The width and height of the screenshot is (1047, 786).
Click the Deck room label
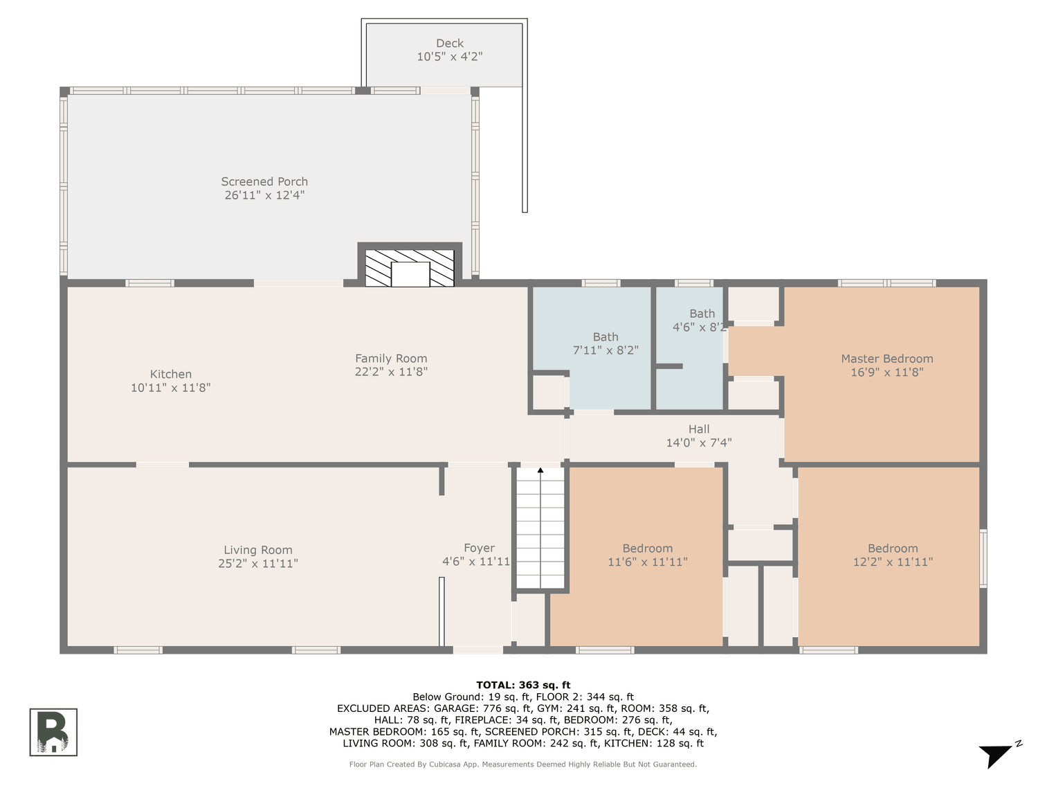coord(449,44)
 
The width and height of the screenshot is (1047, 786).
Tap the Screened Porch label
coord(264,181)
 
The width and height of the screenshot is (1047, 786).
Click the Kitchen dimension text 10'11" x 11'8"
coord(170,388)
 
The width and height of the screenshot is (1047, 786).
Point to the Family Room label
coord(391,359)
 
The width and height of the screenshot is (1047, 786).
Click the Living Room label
coord(257,550)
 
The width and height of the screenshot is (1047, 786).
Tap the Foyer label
coord(479,548)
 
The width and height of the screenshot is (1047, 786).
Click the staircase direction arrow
coord(540,471)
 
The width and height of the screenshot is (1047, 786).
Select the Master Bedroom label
coord(886,359)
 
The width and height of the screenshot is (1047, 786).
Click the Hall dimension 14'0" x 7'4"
coord(698,443)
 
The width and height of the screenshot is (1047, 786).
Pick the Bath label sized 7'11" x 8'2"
coord(606,337)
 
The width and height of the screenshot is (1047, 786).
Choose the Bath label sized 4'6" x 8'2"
coord(702,314)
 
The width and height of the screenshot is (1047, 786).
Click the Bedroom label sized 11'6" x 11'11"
coord(647,548)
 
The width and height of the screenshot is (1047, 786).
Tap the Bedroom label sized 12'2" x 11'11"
coord(893,548)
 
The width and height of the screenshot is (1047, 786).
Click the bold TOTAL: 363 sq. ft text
coord(523,685)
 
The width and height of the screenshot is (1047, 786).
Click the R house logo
coord(53,732)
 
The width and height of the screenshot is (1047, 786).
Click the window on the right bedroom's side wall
coord(983,558)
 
